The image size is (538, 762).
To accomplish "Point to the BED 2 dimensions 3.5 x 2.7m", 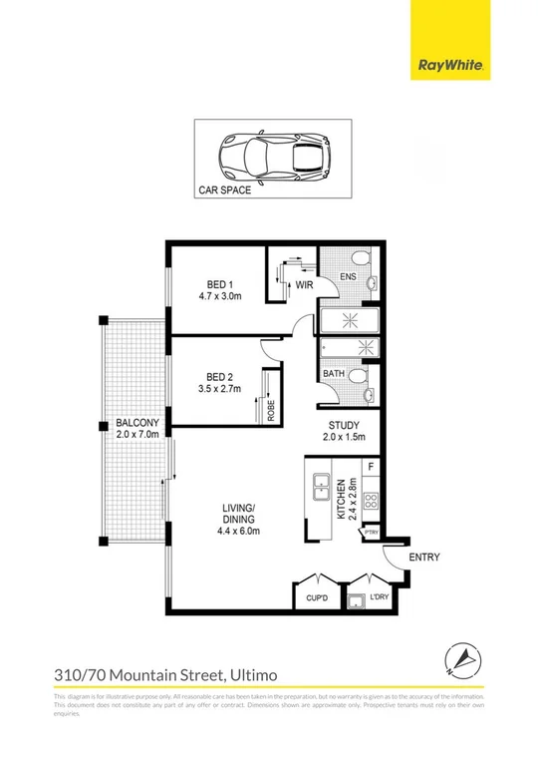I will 215,389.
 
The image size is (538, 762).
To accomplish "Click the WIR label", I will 304,284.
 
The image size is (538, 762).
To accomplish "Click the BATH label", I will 332,375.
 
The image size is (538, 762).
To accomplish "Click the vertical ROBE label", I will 270,411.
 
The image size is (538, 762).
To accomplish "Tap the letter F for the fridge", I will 370,466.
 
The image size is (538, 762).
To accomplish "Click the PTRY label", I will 371,534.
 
